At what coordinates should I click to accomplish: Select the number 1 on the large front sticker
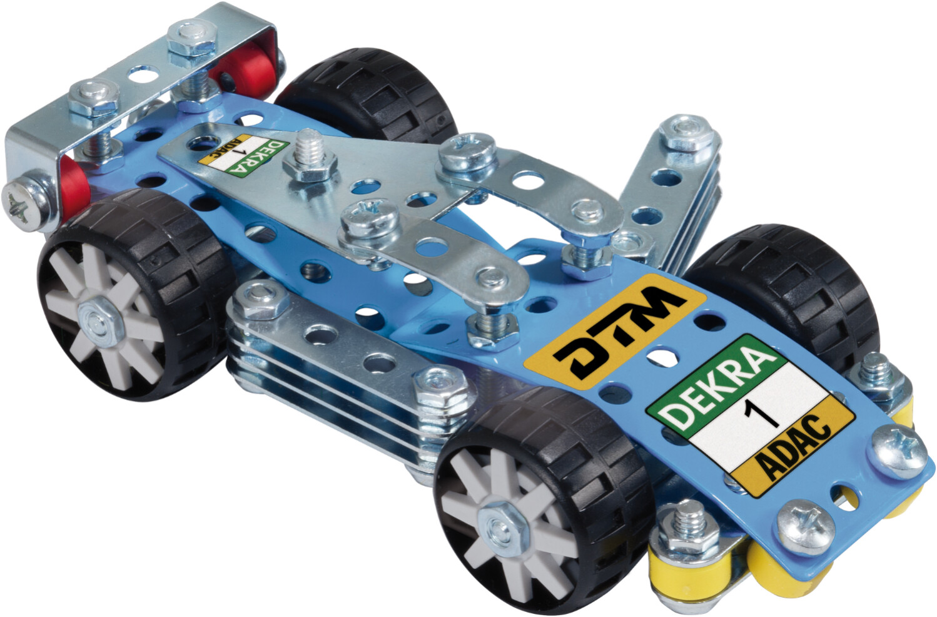(x=764, y=412)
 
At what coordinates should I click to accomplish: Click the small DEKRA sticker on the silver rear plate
(x=244, y=156)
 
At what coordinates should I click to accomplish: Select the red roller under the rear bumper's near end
(x=74, y=189)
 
